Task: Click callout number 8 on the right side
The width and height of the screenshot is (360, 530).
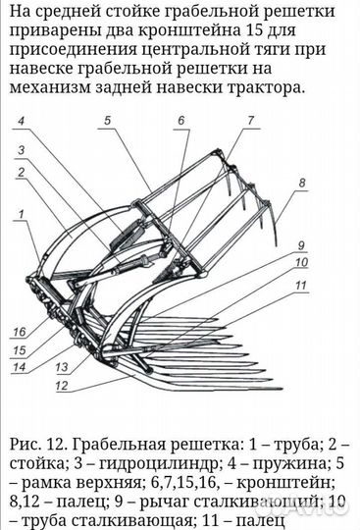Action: point(302,183)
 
